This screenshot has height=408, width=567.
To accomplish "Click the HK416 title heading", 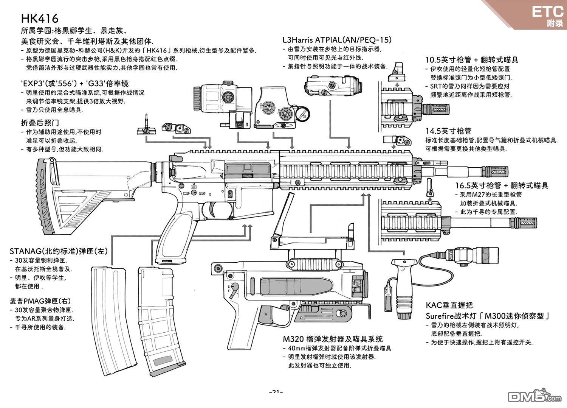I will pos(39,19).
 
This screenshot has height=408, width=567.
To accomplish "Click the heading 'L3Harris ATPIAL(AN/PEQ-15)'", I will pos(337,40).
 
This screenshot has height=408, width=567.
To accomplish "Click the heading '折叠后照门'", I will pos(40,123).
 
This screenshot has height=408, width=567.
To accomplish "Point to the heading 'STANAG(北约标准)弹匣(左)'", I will pos(59,251).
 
